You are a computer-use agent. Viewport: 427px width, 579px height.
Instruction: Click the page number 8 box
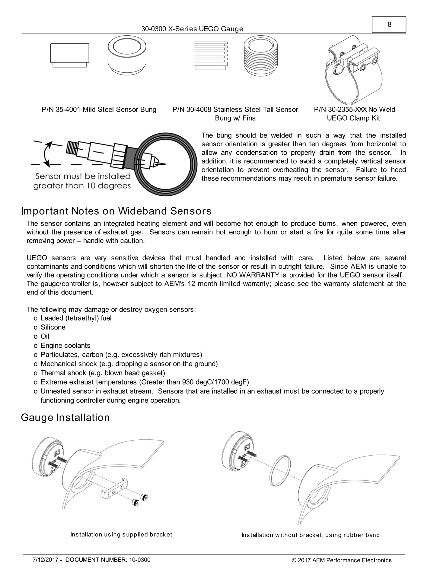[389, 25]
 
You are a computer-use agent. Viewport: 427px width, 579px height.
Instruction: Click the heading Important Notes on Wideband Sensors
[116, 211]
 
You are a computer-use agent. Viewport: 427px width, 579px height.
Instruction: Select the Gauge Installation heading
[65, 418]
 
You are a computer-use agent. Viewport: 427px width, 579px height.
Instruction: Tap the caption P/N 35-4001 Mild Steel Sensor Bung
[99, 109]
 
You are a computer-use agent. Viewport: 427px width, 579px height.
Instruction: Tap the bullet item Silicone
[53, 327]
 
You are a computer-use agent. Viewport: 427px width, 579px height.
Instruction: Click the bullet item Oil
[45, 336]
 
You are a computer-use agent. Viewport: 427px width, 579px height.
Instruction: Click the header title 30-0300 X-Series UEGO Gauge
[192, 29]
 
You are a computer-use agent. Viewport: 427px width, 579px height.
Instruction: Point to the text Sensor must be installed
[83, 176]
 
